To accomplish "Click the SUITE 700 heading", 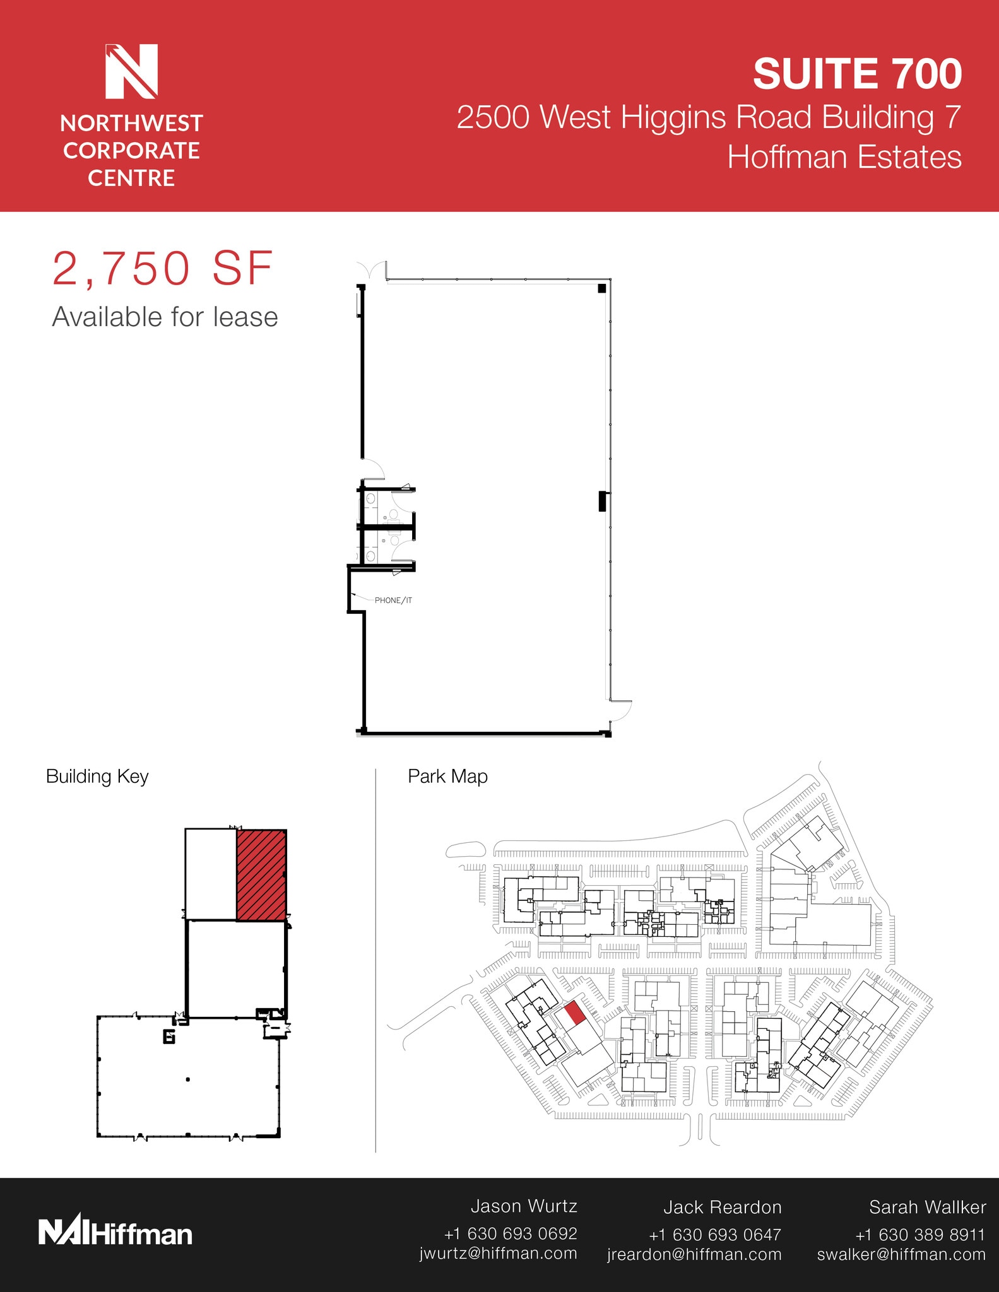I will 857,74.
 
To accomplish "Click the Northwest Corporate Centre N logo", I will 131,71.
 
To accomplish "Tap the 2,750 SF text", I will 162,269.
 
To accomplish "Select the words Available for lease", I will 165,317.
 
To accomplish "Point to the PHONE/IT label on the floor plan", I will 393,601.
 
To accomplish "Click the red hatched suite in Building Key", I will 261,875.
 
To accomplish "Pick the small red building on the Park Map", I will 574,1013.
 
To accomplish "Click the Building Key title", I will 97,777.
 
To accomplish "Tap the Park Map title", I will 447,777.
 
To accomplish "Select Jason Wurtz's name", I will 524,1206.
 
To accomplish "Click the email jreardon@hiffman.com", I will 694,1254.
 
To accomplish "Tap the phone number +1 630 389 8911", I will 919,1235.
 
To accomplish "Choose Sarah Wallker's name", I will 927,1207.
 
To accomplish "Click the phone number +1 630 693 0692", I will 511,1233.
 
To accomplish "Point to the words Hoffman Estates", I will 844,157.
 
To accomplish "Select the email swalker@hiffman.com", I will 901,1254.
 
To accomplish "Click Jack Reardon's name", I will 722,1207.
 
